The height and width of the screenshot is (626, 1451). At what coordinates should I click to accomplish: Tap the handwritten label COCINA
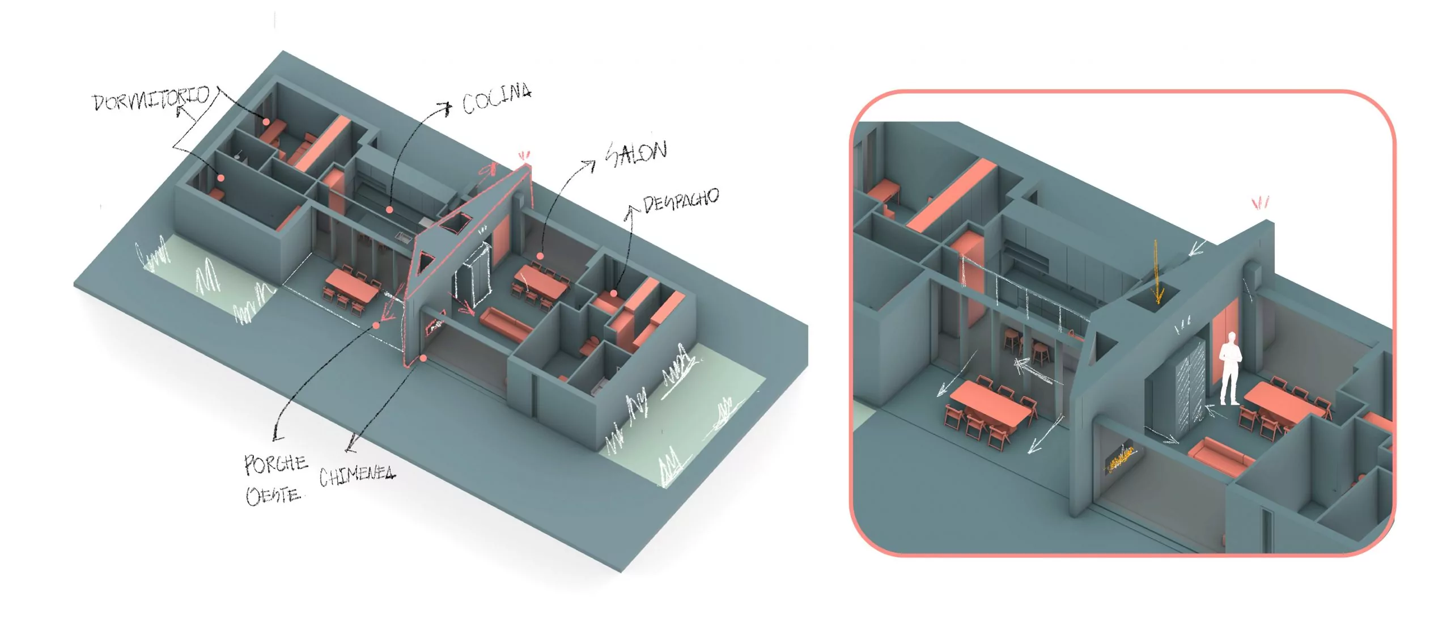[497, 99]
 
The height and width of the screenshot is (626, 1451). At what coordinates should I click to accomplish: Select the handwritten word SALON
[637, 153]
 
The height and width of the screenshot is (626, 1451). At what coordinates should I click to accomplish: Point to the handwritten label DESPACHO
[681, 200]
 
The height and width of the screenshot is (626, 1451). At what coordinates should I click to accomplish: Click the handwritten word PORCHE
[276, 464]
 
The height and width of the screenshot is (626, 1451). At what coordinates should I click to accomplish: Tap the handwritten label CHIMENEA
[357, 476]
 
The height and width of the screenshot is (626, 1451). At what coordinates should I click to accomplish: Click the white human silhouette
[1230, 369]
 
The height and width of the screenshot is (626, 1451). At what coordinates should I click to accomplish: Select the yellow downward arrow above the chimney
[1157, 272]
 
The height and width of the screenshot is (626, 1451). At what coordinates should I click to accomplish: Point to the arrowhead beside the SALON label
[589, 165]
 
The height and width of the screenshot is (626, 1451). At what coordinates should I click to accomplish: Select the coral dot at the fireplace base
[423, 358]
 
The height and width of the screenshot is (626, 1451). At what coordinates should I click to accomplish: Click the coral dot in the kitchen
[390, 210]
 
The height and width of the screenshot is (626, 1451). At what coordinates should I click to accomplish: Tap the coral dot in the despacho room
[613, 294]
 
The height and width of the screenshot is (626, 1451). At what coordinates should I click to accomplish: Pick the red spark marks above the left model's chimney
[524, 155]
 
